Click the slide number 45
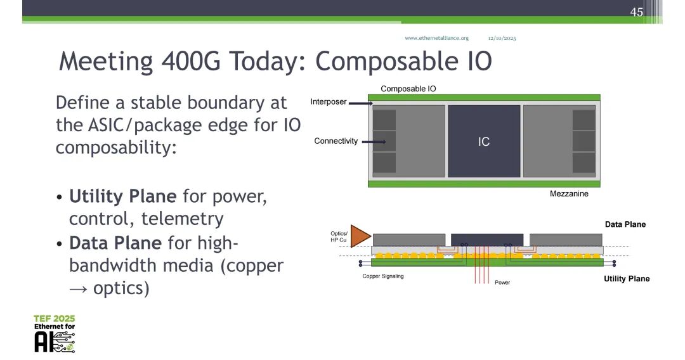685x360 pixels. (x=637, y=12)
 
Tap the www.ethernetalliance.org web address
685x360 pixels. (x=436, y=38)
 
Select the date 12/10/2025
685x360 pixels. (x=502, y=38)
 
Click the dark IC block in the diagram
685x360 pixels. (x=484, y=141)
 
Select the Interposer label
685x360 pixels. (x=329, y=101)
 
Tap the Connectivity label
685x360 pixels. (x=336, y=141)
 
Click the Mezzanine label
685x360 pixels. (x=569, y=194)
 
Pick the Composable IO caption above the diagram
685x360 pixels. (x=408, y=89)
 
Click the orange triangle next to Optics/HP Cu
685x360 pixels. (x=359, y=236)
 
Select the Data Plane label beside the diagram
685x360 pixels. (x=625, y=224)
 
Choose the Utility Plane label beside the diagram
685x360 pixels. (x=627, y=278)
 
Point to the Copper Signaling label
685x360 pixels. (x=383, y=276)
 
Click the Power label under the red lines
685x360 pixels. (x=502, y=282)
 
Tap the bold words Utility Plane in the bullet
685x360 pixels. (x=123, y=196)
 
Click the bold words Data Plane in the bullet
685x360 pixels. (x=115, y=243)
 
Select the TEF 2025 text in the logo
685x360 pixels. (x=54, y=319)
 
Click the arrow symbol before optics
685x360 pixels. (x=79, y=289)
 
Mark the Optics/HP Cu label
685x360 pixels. (x=339, y=236)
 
